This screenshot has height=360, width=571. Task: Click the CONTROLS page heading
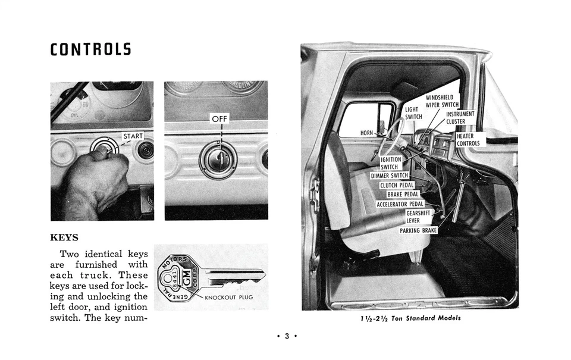coord(90,49)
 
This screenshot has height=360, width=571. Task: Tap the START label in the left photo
coord(133,136)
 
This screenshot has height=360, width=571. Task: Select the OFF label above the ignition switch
coord(219,119)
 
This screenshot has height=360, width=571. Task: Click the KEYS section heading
coord(64,237)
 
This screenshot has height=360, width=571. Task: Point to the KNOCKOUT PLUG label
coord(229,297)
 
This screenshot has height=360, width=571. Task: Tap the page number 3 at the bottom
coord(286,336)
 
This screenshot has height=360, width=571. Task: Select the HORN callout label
coord(367,133)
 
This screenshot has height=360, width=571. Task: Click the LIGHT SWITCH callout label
coord(413,113)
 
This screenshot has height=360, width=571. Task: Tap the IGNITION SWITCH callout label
coord(390,163)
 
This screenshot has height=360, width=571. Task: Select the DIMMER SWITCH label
coord(390,176)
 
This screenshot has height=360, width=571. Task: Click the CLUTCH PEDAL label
coord(397,185)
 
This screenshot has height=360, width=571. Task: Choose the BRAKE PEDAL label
coord(403,195)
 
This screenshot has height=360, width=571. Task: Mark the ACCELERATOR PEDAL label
coord(400,204)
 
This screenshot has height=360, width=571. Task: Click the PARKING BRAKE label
coord(418,230)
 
